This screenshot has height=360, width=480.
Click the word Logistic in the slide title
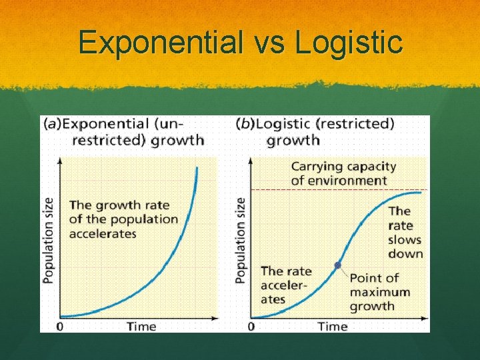point(349,42)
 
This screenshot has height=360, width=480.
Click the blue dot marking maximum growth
point(337,265)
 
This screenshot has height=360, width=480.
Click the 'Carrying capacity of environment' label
point(343,173)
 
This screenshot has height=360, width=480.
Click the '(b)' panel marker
point(245,123)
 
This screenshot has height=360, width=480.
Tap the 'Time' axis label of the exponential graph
point(141,326)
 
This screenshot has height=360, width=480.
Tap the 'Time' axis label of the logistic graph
point(333,326)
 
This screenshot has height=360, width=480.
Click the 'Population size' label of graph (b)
point(241,240)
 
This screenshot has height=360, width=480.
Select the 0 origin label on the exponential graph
point(60,326)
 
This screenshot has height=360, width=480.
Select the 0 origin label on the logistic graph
point(251,326)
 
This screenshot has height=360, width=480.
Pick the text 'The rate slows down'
point(405,233)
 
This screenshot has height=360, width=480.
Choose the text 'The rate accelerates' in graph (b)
point(285,285)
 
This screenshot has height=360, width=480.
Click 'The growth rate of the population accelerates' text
point(123,219)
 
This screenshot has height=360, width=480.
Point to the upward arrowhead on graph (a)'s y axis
point(60,161)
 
